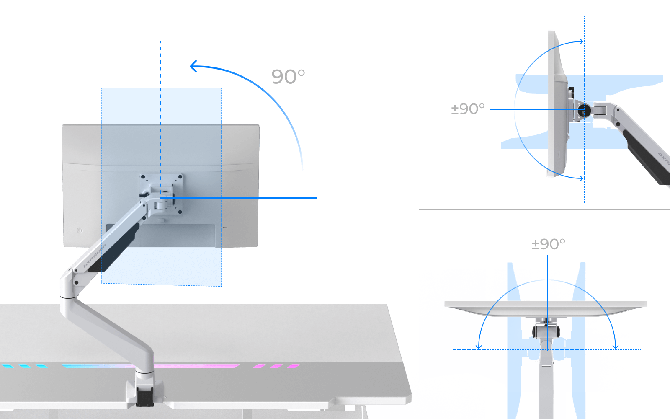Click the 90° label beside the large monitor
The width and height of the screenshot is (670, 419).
click(288, 76)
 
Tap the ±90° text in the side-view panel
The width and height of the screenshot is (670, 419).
click(468, 109)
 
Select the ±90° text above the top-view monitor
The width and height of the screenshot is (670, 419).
click(548, 244)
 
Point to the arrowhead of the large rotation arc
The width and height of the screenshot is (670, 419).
click(193, 66)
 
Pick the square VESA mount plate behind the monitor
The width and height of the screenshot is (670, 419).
click(161, 195)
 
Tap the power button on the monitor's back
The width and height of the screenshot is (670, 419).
click(80, 230)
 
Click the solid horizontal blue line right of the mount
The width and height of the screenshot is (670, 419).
click(251, 198)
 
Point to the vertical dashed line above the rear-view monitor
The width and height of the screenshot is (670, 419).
click(160, 63)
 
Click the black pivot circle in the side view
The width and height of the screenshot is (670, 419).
click(585, 110)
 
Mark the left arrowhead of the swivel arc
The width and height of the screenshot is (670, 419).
click(479, 346)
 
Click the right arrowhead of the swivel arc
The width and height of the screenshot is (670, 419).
click(615, 346)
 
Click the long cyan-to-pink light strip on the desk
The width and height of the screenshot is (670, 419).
click(151, 366)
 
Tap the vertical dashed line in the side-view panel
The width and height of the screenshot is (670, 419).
click(584, 193)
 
